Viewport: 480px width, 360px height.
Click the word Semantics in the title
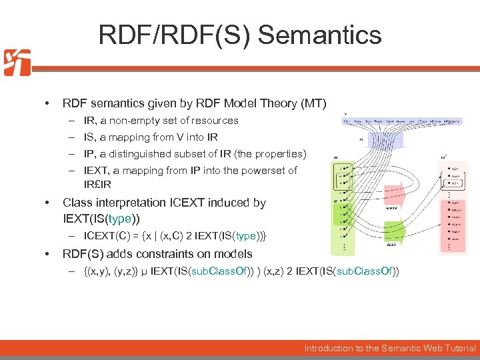[319, 35]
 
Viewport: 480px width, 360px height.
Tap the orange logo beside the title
[17, 62]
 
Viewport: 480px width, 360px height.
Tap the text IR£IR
[97, 183]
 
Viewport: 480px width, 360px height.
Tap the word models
[235, 253]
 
